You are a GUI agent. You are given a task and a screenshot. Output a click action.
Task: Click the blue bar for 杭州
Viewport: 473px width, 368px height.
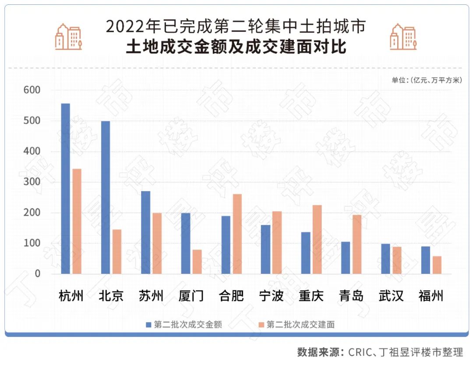(x=65, y=188)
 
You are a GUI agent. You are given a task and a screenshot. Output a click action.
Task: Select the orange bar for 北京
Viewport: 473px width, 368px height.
(x=117, y=251)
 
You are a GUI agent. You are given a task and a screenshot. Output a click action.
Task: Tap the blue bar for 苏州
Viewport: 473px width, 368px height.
(x=145, y=232)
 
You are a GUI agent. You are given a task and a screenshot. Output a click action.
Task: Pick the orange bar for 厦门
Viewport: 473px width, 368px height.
(x=197, y=262)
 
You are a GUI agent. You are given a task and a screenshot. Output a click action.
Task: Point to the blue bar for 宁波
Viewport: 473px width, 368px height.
(x=265, y=249)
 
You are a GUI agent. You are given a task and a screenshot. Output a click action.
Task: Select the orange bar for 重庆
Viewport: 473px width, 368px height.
(x=317, y=239)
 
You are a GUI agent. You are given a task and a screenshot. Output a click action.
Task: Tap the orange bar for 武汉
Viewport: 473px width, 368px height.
(x=397, y=260)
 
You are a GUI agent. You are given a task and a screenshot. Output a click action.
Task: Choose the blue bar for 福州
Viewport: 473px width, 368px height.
(x=425, y=260)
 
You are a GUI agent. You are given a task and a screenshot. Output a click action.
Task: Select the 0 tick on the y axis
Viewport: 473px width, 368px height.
(x=38, y=274)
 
